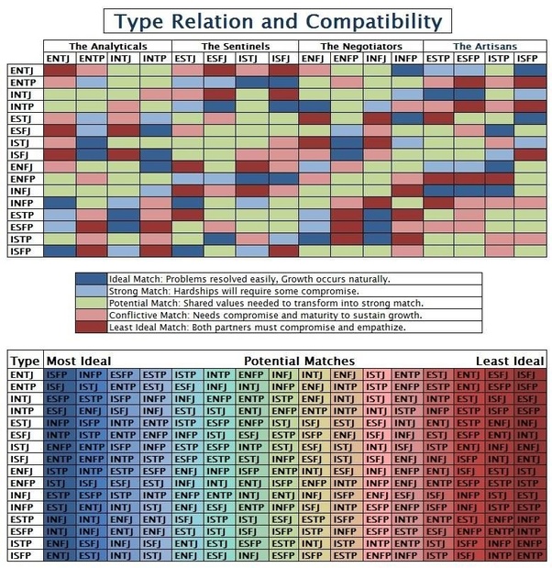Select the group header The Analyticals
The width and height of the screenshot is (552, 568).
tap(106, 46)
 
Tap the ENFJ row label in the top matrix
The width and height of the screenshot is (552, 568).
tap(22, 167)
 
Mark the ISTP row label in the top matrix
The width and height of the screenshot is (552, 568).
tap(22, 238)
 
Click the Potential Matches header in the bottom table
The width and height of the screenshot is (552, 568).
tap(299, 361)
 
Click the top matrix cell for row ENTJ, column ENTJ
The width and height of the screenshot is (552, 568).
tap(59, 71)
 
